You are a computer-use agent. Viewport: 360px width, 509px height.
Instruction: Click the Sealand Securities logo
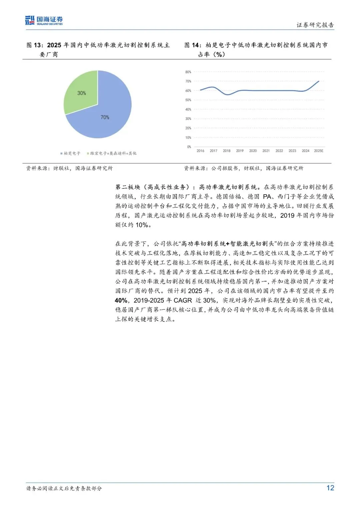point(44,20)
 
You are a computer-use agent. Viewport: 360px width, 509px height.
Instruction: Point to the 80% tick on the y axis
point(188,72)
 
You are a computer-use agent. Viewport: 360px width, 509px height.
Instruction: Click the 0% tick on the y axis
point(189,147)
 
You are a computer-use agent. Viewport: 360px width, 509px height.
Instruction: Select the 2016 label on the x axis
point(200,151)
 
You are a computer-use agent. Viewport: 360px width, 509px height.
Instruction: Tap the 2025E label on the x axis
point(319,151)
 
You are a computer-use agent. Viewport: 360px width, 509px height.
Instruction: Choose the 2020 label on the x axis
point(253,151)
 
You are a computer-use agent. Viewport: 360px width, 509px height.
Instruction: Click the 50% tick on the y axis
point(188,100)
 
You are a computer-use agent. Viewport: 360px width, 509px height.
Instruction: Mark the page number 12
point(330,488)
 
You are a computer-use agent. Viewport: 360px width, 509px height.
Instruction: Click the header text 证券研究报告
point(315,25)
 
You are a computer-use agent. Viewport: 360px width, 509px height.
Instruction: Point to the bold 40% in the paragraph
point(121,300)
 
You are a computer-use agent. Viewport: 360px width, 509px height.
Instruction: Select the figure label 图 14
point(192,45)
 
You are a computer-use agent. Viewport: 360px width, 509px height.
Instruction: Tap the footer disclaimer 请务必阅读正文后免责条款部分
point(64,488)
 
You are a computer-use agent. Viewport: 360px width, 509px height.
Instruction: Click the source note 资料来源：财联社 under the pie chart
point(69,168)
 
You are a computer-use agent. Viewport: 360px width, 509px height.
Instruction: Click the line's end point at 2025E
point(319,81)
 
